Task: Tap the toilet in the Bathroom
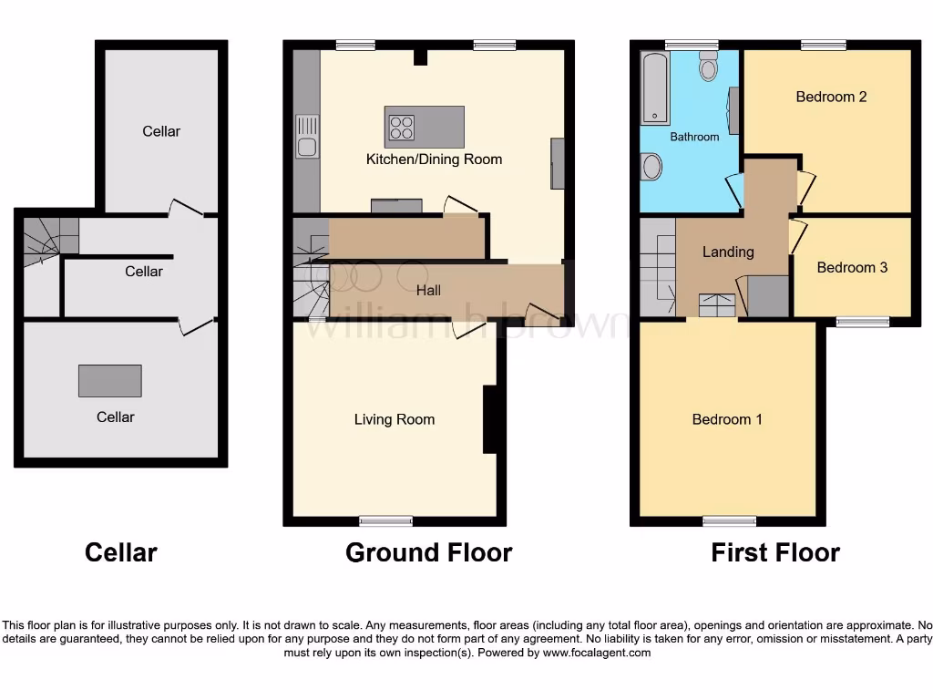coord(709,66)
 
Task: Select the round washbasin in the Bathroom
coord(651,166)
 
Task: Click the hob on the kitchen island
coord(401,127)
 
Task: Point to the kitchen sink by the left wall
coord(307,137)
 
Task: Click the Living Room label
coord(395,419)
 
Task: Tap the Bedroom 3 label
coord(852,267)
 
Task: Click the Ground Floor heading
coord(428,552)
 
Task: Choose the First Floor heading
coord(775,552)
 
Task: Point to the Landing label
coord(728,252)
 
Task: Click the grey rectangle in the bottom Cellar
coord(109,380)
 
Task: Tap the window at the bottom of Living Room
coord(385,521)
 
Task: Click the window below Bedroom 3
coord(863,321)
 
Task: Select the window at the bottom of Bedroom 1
coord(729,521)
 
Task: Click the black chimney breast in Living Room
coord(489,419)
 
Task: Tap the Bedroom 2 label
coord(831,97)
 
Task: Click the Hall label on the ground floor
coord(428,290)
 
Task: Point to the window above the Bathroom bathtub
coord(691,45)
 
